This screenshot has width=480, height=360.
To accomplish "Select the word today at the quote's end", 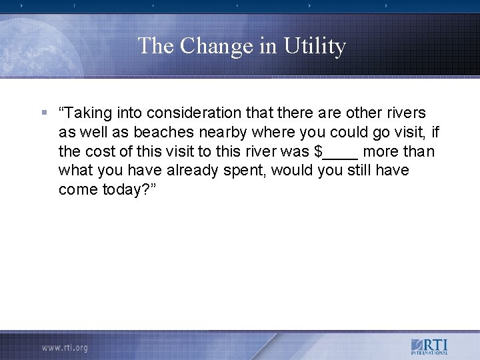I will click(x=123, y=190).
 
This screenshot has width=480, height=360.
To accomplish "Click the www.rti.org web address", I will click(x=65, y=347).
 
